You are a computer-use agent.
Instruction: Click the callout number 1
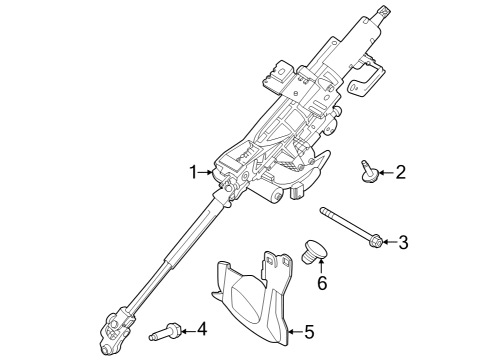point(195,173)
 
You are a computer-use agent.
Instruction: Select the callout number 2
point(401,173)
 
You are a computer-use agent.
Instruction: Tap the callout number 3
point(404,241)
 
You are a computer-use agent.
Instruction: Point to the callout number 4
point(201,327)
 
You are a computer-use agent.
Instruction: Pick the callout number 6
point(322,283)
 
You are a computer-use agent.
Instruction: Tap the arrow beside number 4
point(187,328)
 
